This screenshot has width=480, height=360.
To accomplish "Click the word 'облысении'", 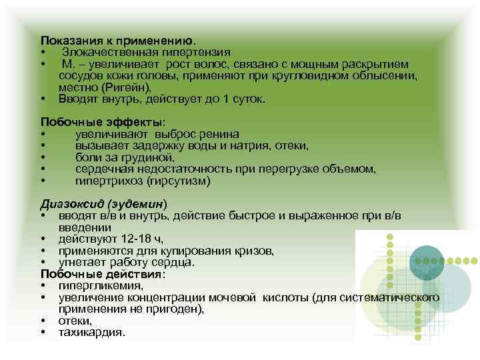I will pyautogui.click(x=386, y=75).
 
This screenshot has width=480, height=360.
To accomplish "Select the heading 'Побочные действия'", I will pyautogui.click(x=100, y=273).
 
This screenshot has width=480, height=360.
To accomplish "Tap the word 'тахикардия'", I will pyautogui.click(x=91, y=333).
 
